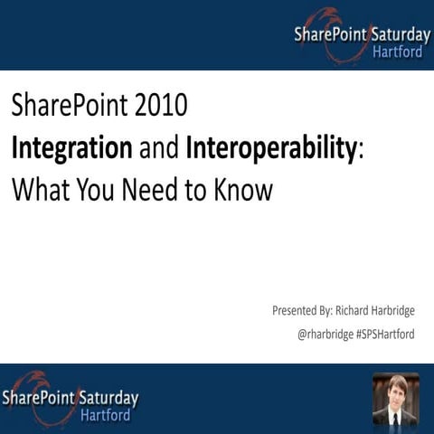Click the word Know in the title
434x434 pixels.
click(242, 191)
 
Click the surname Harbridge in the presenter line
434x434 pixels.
click(385, 310)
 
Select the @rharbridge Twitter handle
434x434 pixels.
click(326, 334)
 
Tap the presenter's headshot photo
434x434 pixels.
click(395, 399)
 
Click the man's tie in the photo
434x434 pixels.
click(395, 417)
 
